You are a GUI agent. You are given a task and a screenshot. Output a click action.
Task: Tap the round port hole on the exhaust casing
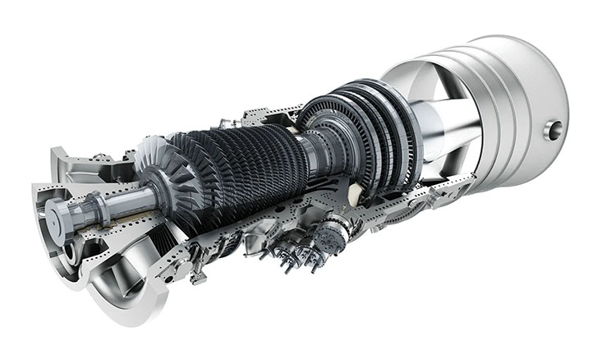pos(555,129)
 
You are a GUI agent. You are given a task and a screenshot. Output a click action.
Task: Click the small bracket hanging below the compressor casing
pos(198,276)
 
